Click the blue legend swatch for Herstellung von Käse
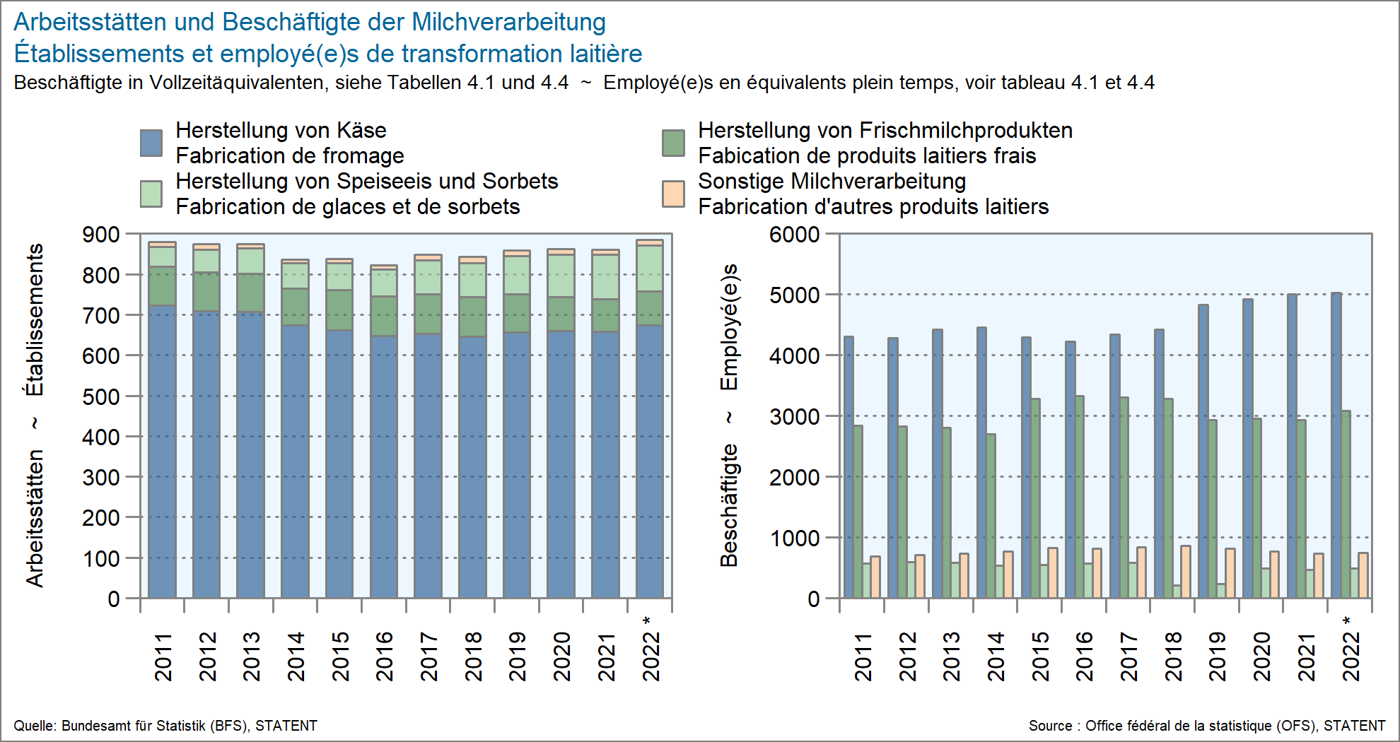point(151,143)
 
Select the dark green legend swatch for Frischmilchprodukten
point(673,143)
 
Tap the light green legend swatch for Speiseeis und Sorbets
point(151,194)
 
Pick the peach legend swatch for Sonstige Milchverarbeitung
point(673,194)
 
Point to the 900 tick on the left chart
point(101,235)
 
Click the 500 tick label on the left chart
point(101,396)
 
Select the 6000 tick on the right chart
point(794,235)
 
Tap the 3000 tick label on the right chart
point(794,416)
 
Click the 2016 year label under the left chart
point(384,656)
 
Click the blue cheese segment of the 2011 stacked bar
point(162,452)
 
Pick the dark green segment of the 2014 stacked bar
point(295,307)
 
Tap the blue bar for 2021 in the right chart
point(1292,445)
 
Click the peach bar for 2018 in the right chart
point(1185,572)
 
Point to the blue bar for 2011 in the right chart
point(848,466)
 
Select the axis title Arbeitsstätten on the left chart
point(35,518)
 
